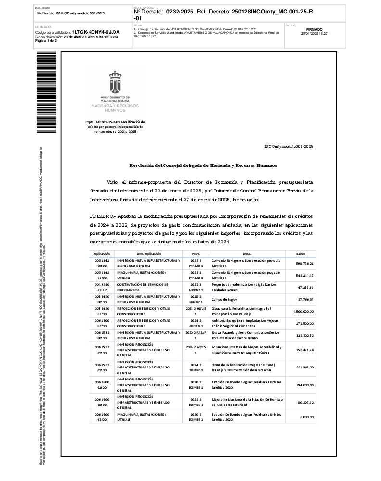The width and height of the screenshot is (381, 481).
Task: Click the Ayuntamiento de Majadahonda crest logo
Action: [x=115, y=82]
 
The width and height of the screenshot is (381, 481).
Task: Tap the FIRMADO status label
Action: [x=314, y=29]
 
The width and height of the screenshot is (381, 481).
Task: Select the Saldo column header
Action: [x=300, y=253]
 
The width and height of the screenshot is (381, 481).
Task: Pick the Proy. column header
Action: [x=195, y=253]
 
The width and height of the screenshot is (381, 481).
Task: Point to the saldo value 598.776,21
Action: [x=305, y=263]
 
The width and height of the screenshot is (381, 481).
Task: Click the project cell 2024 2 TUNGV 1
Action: [x=195, y=367]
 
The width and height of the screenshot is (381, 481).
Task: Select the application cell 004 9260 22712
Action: [x=102, y=287]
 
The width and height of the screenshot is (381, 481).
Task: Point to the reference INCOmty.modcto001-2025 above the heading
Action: [x=289, y=146]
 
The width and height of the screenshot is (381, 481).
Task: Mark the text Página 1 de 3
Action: [x=46, y=41]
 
